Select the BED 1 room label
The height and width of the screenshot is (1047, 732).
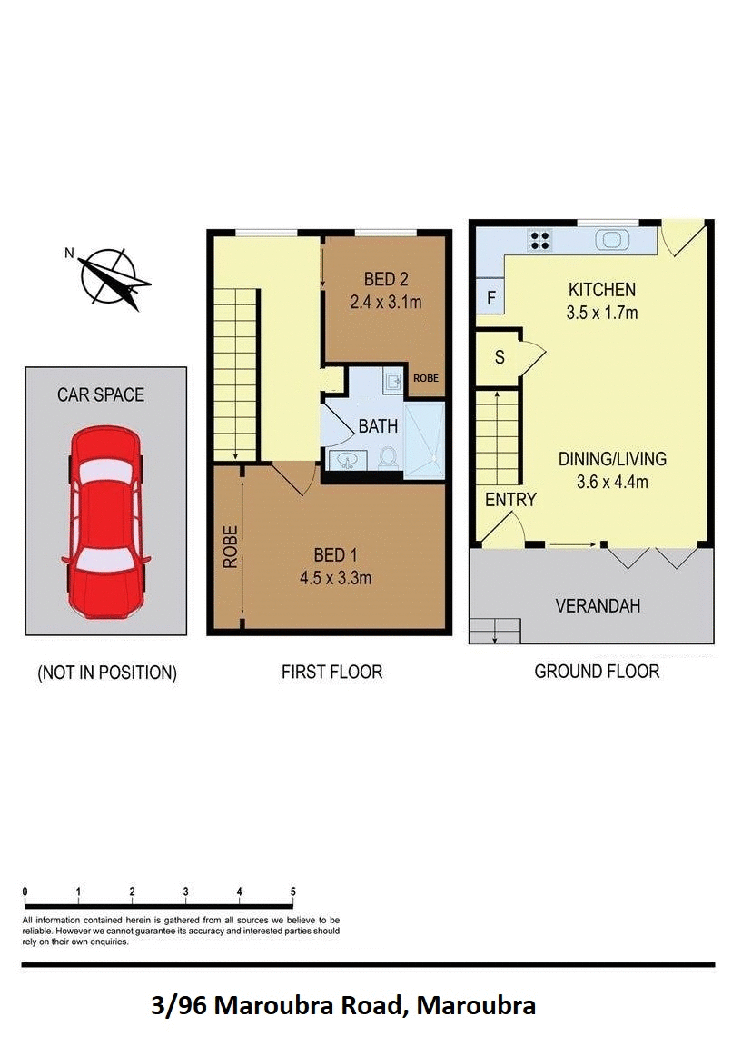coord(330,555)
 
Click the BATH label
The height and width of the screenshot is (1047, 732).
coord(377,425)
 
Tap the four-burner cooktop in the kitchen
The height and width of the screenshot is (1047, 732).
coord(540,241)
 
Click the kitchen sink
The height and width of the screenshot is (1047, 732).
coord(611,241)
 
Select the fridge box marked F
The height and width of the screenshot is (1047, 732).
coord(490,298)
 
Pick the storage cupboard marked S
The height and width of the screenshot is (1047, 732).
coord(499,357)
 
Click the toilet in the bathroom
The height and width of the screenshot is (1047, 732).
coord(388,457)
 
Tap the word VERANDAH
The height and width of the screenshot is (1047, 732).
coord(598,605)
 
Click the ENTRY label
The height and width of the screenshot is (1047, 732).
coord(510,499)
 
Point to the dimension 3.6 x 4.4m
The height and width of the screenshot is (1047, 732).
coord(611,482)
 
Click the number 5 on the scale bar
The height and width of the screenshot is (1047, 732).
coord(292,892)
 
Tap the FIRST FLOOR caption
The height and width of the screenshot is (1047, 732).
coord(331,673)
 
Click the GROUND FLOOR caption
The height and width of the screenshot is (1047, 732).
coord(597,672)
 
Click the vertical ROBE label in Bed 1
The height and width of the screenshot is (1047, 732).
coord(231,547)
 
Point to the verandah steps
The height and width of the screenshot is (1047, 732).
coord(495,630)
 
